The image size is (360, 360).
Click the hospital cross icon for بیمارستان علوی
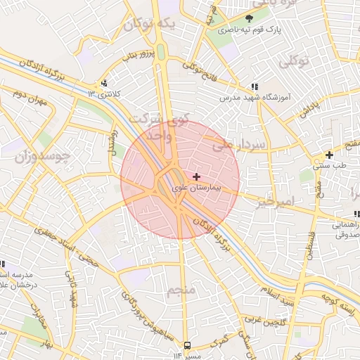(x=195, y=176)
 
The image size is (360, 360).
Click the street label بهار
(x=47, y=344)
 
